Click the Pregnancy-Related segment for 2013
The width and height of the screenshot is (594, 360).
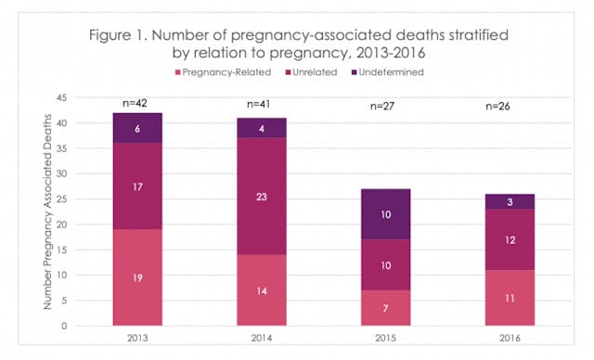[x=138, y=278]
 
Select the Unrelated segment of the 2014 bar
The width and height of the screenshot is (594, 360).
[x=263, y=195]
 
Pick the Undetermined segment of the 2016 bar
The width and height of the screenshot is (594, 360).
[x=510, y=200]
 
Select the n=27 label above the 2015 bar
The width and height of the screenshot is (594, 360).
[x=386, y=104]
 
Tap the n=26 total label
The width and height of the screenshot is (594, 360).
[x=510, y=104]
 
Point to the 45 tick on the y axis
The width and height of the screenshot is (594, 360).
[x=63, y=97]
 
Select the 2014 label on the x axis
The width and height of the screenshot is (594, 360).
[x=263, y=339]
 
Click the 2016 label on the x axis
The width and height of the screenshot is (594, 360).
[x=510, y=339]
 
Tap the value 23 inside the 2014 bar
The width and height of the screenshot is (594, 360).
[x=263, y=196]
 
